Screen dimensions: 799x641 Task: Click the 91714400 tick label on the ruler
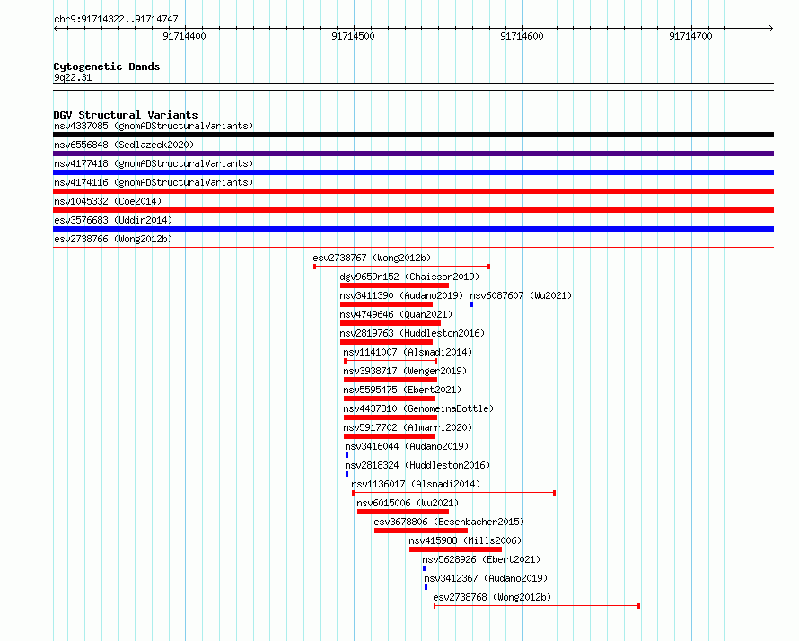184,36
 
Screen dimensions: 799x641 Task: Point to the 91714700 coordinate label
690,36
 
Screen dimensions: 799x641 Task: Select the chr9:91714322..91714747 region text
116,20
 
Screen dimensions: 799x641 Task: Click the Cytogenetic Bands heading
107,66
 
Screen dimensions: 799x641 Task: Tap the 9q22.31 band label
73,77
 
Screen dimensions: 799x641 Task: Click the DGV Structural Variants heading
126,115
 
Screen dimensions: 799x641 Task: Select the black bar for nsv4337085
413,135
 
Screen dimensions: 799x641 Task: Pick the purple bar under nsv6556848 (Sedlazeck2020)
413,154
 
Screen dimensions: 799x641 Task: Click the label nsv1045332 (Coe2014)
108,201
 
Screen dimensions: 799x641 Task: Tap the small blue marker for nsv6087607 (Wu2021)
472,304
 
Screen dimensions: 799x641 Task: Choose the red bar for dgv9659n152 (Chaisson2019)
394,285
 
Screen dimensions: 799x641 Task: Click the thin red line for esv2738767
401,267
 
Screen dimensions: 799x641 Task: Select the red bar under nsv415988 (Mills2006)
455,549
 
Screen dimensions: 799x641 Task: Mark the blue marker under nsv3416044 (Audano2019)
347,455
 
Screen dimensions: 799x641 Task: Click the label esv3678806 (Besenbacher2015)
449,522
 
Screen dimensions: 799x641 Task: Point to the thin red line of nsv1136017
453,493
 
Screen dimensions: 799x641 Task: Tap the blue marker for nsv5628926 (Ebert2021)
424,568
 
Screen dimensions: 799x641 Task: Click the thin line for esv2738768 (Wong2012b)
537,606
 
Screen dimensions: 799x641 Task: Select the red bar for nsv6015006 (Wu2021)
403,512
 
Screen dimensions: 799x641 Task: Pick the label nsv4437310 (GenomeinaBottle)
418,408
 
